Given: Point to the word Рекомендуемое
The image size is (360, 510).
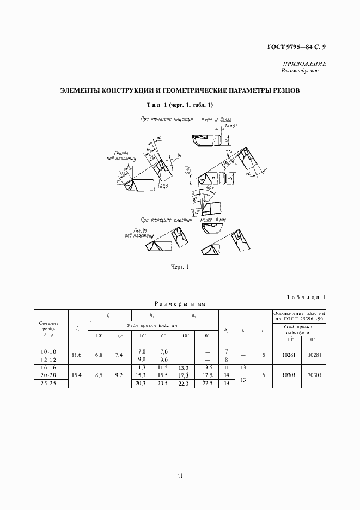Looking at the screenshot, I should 300,71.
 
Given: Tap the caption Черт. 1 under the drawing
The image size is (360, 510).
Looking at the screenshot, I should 180,266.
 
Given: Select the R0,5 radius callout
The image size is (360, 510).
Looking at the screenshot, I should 163,186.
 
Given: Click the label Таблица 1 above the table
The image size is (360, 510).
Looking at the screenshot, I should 305,297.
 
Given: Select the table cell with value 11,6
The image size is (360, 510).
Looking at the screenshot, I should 76,355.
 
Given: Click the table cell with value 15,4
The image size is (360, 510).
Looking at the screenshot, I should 76,376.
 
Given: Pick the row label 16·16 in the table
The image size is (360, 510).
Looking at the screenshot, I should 46,368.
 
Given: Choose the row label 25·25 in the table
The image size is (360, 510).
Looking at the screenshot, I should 46,384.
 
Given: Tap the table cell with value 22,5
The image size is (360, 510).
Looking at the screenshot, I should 207,384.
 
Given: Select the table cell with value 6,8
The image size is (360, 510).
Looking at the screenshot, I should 99,355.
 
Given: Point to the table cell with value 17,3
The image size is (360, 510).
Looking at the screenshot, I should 185,376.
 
